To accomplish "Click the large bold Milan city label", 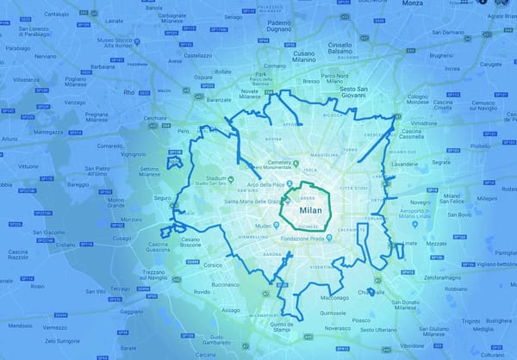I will (x=310, y=210).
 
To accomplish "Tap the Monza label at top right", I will (x=413, y=4).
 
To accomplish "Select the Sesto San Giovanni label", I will (x=360, y=92).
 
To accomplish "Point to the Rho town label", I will (x=129, y=92).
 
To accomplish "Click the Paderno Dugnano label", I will (x=278, y=27).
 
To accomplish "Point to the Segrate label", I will (x=441, y=161).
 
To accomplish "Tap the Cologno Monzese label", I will (x=418, y=99).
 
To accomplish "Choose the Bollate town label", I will (x=223, y=71).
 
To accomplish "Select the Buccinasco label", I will (x=224, y=284).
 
